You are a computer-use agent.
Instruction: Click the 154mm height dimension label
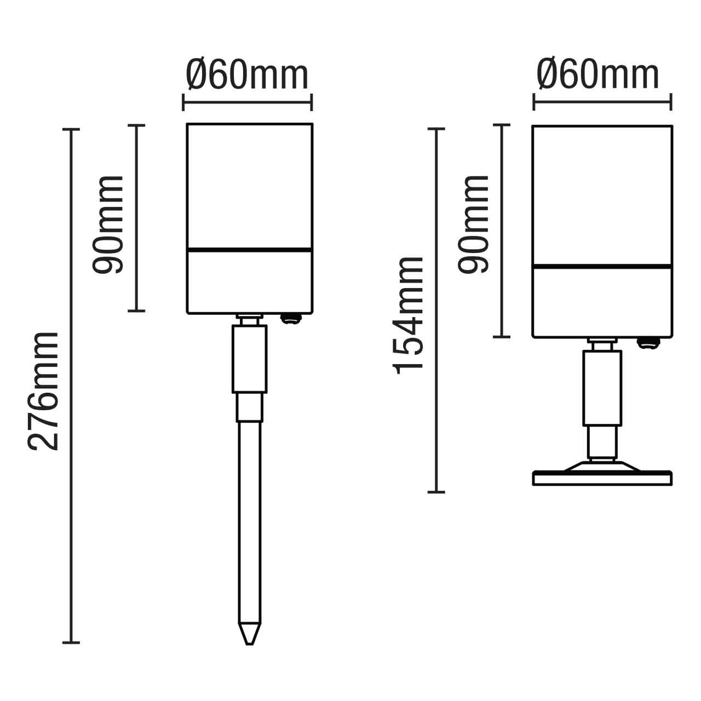(x=409, y=315)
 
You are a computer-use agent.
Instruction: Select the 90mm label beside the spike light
(x=108, y=225)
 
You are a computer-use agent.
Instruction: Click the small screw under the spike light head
(x=291, y=318)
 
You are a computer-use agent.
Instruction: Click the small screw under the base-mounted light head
(x=648, y=342)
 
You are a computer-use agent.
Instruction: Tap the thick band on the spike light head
(x=250, y=250)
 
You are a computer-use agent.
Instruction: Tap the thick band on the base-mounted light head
(x=602, y=267)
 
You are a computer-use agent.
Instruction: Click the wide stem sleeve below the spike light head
(x=249, y=359)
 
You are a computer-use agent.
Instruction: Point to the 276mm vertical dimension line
(x=71, y=383)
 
